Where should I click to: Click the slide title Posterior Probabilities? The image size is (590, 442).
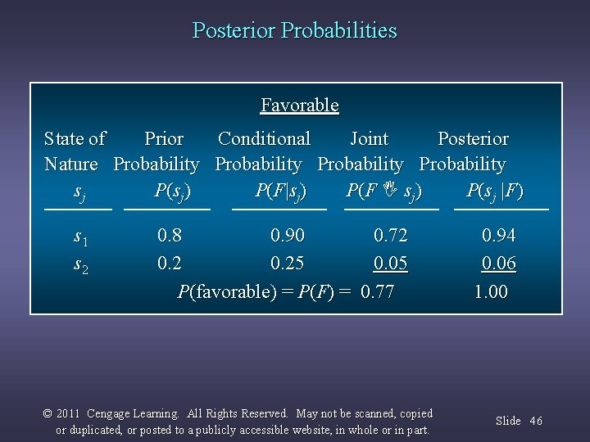click(x=294, y=30)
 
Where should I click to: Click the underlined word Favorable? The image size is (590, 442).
click(x=299, y=105)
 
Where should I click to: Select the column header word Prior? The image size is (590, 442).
click(x=163, y=139)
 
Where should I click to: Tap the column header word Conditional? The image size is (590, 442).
click(x=264, y=139)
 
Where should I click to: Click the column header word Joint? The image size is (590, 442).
click(x=369, y=139)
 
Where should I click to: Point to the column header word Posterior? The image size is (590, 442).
click(x=473, y=139)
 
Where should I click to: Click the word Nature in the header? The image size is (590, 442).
click(x=70, y=165)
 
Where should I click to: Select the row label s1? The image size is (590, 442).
click(x=80, y=237)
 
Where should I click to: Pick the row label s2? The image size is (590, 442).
click(x=80, y=265)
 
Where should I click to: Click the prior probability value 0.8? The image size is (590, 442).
click(x=170, y=236)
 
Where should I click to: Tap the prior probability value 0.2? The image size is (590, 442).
click(x=170, y=264)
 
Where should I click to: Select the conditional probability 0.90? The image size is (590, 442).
click(x=288, y=236)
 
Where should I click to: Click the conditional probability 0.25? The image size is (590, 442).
click(x=288, y=264)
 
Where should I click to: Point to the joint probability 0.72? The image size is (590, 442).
click(x=390, y=236)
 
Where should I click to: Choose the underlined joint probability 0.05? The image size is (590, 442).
click(x=390, y=264)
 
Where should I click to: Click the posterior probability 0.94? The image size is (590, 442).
click(x=498, y=236)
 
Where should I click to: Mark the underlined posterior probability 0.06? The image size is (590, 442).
click(x=498, y=264)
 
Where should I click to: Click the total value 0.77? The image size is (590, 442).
click(x=377, y=291)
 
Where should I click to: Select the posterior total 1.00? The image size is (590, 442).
click(x=491, y=291)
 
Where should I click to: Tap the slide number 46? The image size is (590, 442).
click(x=536, y=421)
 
